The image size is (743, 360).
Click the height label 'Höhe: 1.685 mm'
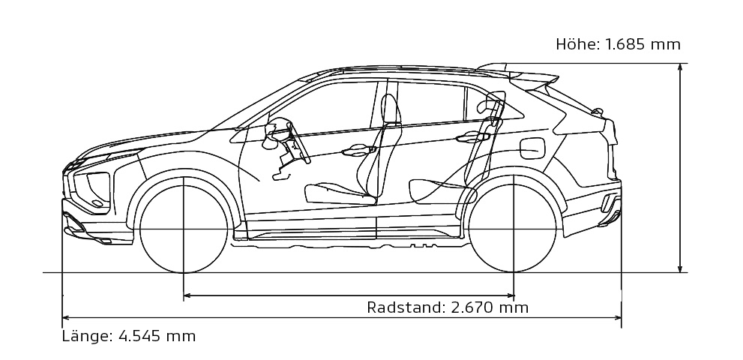pyautogui.click(x=618, y=44)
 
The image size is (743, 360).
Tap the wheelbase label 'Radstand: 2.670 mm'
pyautogui.click(x=448, y=307)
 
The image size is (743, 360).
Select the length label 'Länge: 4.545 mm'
pyautogui.click(x=128, y=336)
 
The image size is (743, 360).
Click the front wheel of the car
pyautogui.click(x=184, y=229)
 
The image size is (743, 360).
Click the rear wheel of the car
pyautogui.click(x=513, y=228)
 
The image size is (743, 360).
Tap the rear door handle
pyautogui.click(x=472, y=137)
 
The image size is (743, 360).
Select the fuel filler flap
pyautogui.click(x=532, y=148)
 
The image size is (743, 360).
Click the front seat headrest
pyautogui.click(x=391, y=109)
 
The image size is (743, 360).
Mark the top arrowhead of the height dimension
pyautogui.click(x=681, y=67)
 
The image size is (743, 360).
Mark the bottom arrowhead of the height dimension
pyautogui.click(x=681, y=268)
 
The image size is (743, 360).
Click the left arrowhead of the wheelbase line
pyautogui.click(x=187, y=295)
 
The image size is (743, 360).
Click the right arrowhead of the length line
pyautogui.click(x=617, y=317)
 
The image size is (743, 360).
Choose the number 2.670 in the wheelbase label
pyautogui.click(x=471, y=307)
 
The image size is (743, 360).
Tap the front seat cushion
pyautogui.click(x=339, y=194)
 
